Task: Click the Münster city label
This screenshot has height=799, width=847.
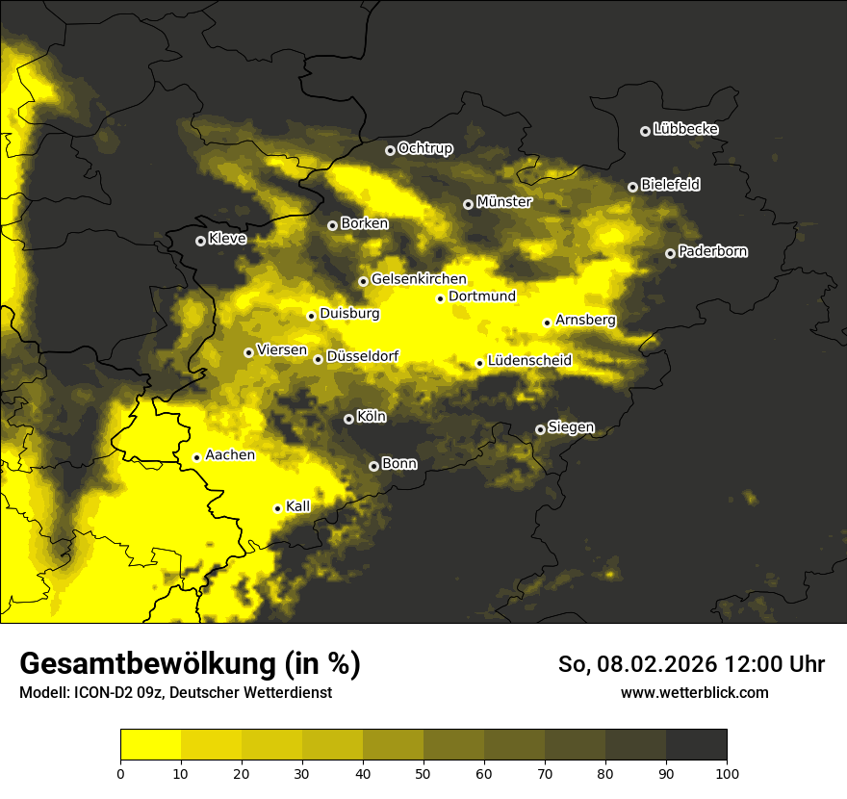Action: pos(504,203)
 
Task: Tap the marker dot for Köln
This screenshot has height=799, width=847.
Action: pos(348,419)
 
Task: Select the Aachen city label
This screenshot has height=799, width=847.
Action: pos(230,455)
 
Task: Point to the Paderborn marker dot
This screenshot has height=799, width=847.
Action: pos(670,253)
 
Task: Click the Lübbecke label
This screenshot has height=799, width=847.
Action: pos(685,129)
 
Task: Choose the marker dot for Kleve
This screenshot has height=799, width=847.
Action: pos(200,241)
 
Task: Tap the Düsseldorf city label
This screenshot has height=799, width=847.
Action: pos(362,357)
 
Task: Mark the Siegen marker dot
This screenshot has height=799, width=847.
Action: pos(540,429)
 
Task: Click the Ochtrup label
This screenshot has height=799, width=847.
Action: pos(424,149)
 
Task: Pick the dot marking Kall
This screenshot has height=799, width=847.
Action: pos(277,508)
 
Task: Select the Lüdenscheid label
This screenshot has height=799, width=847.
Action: pos(529,361)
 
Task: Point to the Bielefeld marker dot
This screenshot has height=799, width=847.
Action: pos(632,187)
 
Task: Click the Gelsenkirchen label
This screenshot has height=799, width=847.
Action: pos(419,279)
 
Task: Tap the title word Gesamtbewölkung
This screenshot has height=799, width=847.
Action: pos(147,664)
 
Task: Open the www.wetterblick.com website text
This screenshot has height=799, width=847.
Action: pos(694,692)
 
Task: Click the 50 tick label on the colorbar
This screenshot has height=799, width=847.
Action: pos(423,772)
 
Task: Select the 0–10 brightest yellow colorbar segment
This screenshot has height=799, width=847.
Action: pos(150,744)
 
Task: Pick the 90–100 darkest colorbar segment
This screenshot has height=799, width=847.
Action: pos(696,744)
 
